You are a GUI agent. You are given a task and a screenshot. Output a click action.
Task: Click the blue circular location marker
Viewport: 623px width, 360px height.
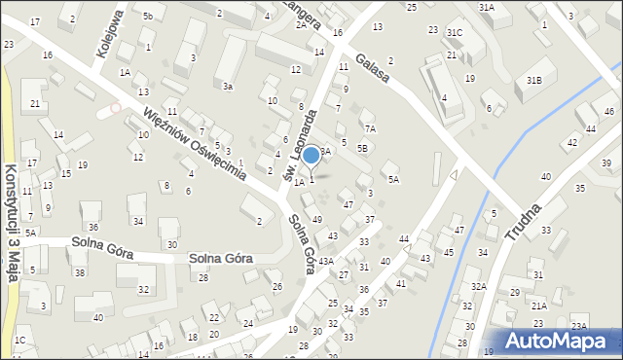pos(311,155)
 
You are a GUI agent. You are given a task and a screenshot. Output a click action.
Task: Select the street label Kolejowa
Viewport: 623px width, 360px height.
pos(111,35)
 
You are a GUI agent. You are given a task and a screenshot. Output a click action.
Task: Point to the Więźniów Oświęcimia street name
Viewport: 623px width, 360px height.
pos(193,140)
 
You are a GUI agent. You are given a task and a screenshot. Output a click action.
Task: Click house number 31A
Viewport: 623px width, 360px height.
pos(486,7)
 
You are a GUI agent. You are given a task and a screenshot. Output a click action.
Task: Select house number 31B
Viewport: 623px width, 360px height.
pos(533,80)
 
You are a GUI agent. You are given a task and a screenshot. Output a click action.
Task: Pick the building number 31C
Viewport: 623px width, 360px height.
pos(455,33)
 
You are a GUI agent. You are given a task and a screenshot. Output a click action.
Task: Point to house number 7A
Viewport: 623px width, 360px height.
pos(369,128)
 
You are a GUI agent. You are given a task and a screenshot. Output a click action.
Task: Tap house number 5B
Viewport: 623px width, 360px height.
pos(362,148)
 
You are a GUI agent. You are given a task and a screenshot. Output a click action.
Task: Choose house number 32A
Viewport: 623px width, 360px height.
pos(478,286)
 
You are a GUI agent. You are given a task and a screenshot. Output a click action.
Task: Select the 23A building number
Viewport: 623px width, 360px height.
pos(578,327)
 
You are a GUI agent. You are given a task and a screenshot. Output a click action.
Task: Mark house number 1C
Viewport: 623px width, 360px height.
pos(19,341)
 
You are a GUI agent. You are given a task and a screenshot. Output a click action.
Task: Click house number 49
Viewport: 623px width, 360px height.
pos(316,219)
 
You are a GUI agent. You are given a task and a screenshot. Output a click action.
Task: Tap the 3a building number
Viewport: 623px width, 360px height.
pos(227,87)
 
